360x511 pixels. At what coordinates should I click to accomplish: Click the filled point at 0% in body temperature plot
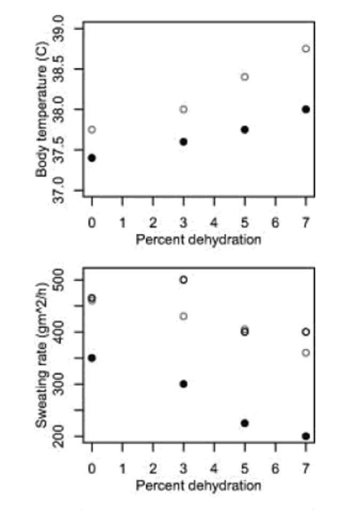[92, 158]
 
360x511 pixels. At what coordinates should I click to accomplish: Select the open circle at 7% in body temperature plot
[306, 48]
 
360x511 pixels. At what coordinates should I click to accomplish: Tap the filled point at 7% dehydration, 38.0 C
[306, 109]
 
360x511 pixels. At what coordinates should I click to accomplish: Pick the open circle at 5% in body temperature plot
[244, 77]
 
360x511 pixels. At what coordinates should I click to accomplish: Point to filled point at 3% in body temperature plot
[183, 142]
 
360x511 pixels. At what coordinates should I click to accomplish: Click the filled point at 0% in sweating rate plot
[92, 358]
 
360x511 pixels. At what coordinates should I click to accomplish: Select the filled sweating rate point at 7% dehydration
[306, 436]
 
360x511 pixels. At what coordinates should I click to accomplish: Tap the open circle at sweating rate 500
[183, 279]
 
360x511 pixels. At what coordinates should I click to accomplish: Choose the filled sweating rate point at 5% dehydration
[244, 423]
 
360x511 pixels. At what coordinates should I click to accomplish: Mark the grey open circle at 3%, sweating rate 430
[183, 316]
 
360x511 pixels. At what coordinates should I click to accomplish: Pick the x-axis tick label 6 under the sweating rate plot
[275, 468]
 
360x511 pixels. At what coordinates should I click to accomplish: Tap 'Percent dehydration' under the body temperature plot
[198, 240]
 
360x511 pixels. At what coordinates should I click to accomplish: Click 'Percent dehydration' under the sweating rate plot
[198, 485]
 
